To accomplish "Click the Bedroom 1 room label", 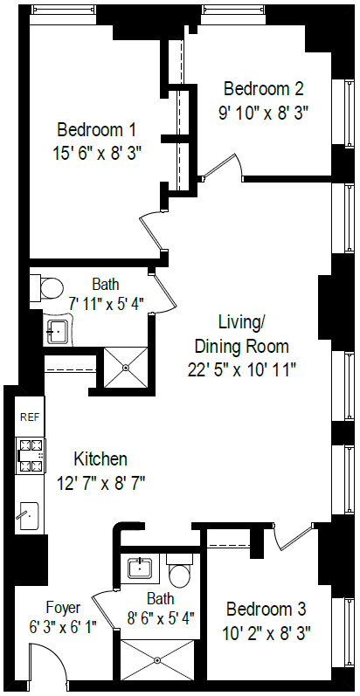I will [x=96, y=130].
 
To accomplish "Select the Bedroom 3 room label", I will [x=267, y=609].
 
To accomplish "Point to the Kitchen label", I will [x=100, y=459].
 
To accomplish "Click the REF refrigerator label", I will [x=29, y=417].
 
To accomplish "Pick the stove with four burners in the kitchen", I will [x=30, y=455].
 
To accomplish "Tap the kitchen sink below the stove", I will [x=28, y=515].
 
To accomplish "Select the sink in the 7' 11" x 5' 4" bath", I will [x=59, y=331].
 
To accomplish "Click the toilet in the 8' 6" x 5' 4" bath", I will [x=181, y=573].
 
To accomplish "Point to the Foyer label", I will [x=63, y=608].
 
